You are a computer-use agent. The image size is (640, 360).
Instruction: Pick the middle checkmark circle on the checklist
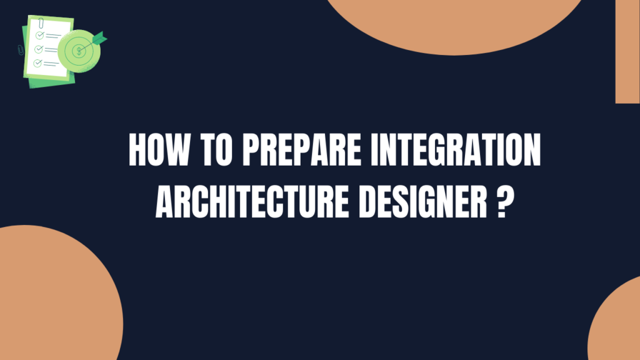point(39,49)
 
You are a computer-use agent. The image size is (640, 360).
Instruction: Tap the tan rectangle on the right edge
point(627,50)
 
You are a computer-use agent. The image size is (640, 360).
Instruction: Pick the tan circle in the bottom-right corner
point(619,325)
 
